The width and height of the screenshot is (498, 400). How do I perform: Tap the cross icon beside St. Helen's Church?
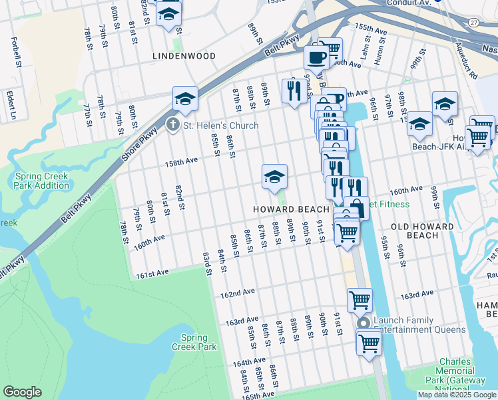172,125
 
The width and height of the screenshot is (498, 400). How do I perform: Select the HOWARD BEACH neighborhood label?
291,209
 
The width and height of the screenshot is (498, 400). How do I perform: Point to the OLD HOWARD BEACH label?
422,231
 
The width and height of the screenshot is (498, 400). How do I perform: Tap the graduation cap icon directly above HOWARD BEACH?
274,177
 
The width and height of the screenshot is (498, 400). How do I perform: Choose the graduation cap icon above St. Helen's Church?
185,99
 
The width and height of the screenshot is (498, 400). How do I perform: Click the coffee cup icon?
316,57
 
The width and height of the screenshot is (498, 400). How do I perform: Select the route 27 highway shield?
473,22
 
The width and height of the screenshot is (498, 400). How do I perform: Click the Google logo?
22,392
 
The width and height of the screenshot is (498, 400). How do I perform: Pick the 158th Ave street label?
182,161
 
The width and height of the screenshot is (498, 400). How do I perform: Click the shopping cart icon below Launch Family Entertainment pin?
368,344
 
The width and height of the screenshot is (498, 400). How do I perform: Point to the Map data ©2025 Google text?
457,395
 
